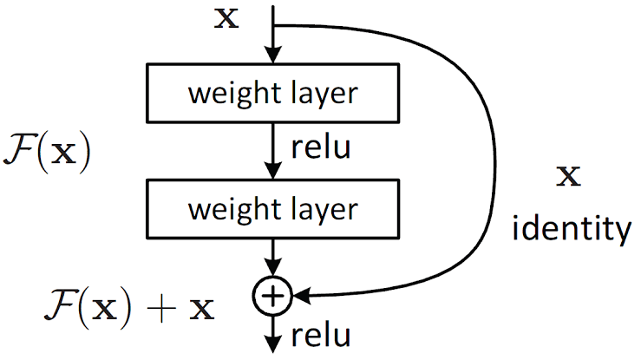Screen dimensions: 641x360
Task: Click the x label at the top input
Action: (x=226, y=19)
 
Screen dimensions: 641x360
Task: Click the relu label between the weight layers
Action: (x=321, y=147)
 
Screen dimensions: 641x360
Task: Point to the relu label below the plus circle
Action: (x=321, y=336)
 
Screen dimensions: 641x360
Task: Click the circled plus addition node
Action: (x=272, y=296)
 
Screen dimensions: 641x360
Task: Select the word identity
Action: (x=572, y=229)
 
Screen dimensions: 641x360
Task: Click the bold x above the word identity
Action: (x=569, y=176)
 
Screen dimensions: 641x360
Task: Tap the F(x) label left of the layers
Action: (x=47, y=152)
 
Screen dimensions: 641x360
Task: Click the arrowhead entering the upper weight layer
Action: (x=272, y=55)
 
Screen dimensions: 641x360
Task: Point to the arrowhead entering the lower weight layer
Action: (x=272, y=170)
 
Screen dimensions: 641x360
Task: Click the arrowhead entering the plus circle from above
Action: (x=272, y=268)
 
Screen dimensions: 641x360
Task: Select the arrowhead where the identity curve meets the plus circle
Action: (x=302, y=295)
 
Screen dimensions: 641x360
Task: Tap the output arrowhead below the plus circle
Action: (x=272, y=344)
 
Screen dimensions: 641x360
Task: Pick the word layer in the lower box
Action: (x=325, y=211)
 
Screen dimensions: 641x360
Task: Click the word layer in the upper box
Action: (x=325, y=95)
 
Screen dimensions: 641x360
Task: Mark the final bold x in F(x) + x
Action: (x=201, y=310)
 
